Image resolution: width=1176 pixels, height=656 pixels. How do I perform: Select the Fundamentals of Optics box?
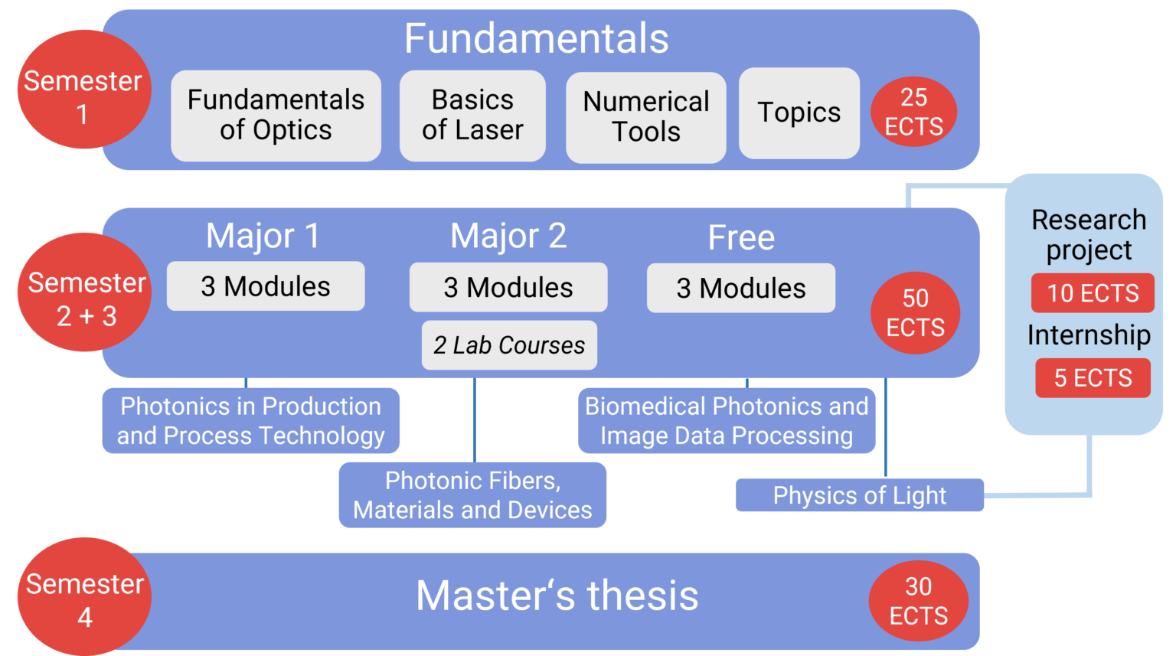tap(276, 116)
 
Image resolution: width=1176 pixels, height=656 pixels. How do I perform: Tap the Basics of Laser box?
tap(472, 116)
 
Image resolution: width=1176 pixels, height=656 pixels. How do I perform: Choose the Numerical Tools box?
tap(645, 117)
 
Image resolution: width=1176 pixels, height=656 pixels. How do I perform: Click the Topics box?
tap(799, 113)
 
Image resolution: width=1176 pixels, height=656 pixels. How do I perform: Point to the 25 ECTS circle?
tap(913, 112)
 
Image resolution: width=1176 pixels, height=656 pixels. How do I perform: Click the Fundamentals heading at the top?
tap(536, 38)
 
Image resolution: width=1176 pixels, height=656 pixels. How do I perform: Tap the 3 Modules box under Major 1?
tap(266, 286)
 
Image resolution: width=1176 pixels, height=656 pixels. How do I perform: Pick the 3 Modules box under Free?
tap(740, 288)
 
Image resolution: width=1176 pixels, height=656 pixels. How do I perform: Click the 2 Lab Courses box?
tap(509, 345)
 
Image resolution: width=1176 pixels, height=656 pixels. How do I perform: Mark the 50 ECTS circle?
tap(915, 313)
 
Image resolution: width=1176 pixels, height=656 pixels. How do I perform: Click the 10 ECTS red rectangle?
tap(1093, 293)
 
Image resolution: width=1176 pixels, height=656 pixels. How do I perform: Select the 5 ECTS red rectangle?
tap(1093, 378)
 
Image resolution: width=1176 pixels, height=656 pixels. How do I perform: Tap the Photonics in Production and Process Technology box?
tap(250, 420)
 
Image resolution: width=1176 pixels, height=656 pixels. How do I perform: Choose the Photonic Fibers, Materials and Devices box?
tap(472, 494)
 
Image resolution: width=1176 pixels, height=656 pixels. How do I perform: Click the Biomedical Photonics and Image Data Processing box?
tap(726, 420)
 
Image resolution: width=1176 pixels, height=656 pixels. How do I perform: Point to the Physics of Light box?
tap(859, 495)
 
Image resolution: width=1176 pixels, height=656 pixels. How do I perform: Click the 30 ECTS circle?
tap(918, 601)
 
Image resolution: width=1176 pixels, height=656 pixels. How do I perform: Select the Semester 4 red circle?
tap(84, 597)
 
